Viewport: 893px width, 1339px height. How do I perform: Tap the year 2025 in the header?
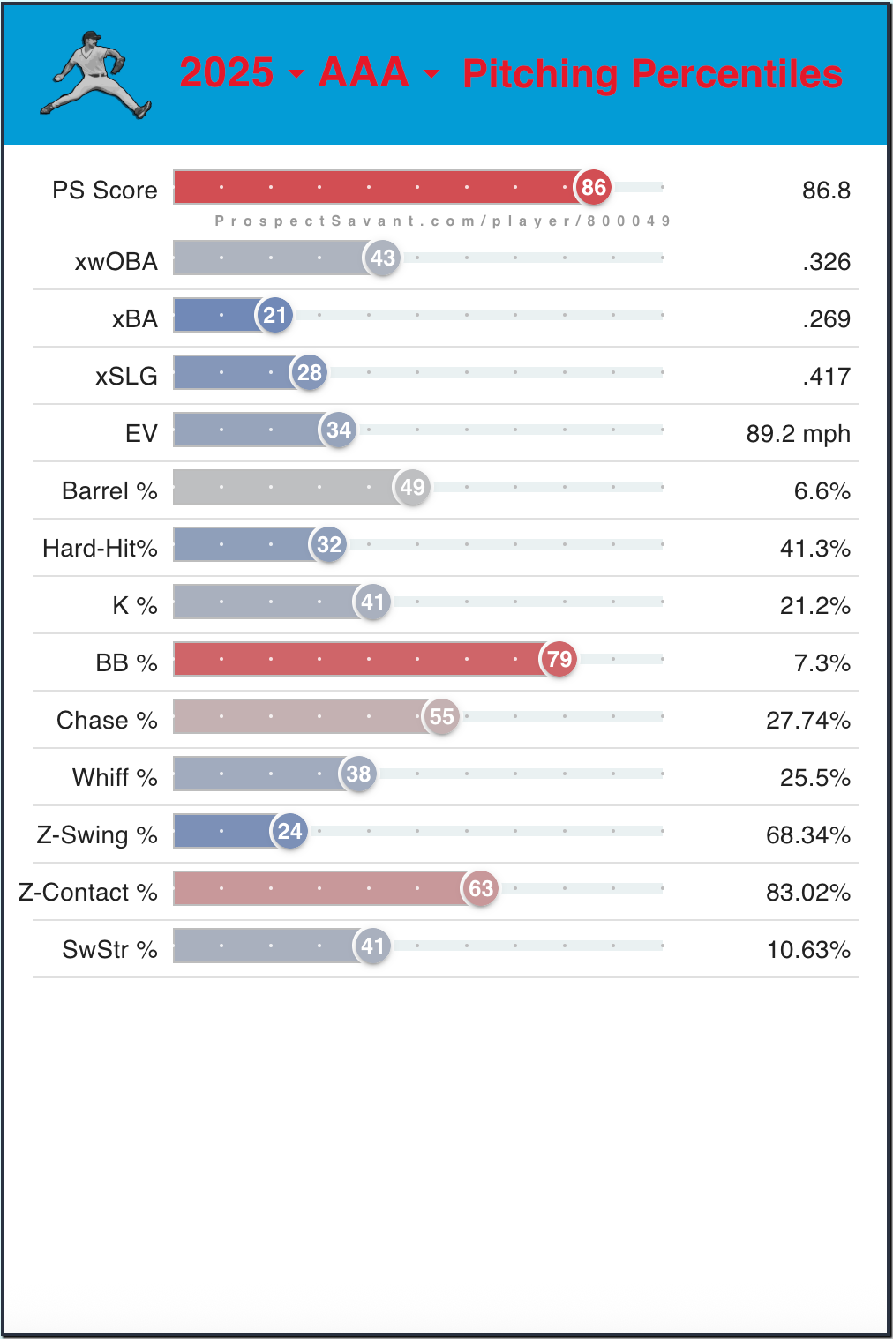227,72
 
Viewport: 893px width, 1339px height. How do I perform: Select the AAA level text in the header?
364,72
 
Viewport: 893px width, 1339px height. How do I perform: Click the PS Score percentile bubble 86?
593,187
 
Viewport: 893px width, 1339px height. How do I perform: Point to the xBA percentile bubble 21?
274,315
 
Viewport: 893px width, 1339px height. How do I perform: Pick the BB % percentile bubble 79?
559,659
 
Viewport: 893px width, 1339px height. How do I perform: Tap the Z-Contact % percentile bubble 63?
480,888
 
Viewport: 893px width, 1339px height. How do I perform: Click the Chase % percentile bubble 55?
441,716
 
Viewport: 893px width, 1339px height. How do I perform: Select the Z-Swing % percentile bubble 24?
289,831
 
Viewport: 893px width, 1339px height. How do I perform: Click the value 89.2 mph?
798,434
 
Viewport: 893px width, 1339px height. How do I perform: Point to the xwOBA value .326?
826,262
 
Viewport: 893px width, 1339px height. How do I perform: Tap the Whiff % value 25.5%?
814,778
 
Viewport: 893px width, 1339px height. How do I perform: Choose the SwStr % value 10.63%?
808,950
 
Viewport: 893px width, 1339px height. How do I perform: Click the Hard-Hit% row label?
100,549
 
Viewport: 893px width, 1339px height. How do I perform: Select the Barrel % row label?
109,491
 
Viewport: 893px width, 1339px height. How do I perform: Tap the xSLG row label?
126,377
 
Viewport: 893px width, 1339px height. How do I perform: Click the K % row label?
134,606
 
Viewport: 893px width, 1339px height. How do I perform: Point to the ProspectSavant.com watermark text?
442,221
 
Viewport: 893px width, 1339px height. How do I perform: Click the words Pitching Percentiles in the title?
652,74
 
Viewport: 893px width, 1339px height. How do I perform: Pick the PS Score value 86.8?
826,191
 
